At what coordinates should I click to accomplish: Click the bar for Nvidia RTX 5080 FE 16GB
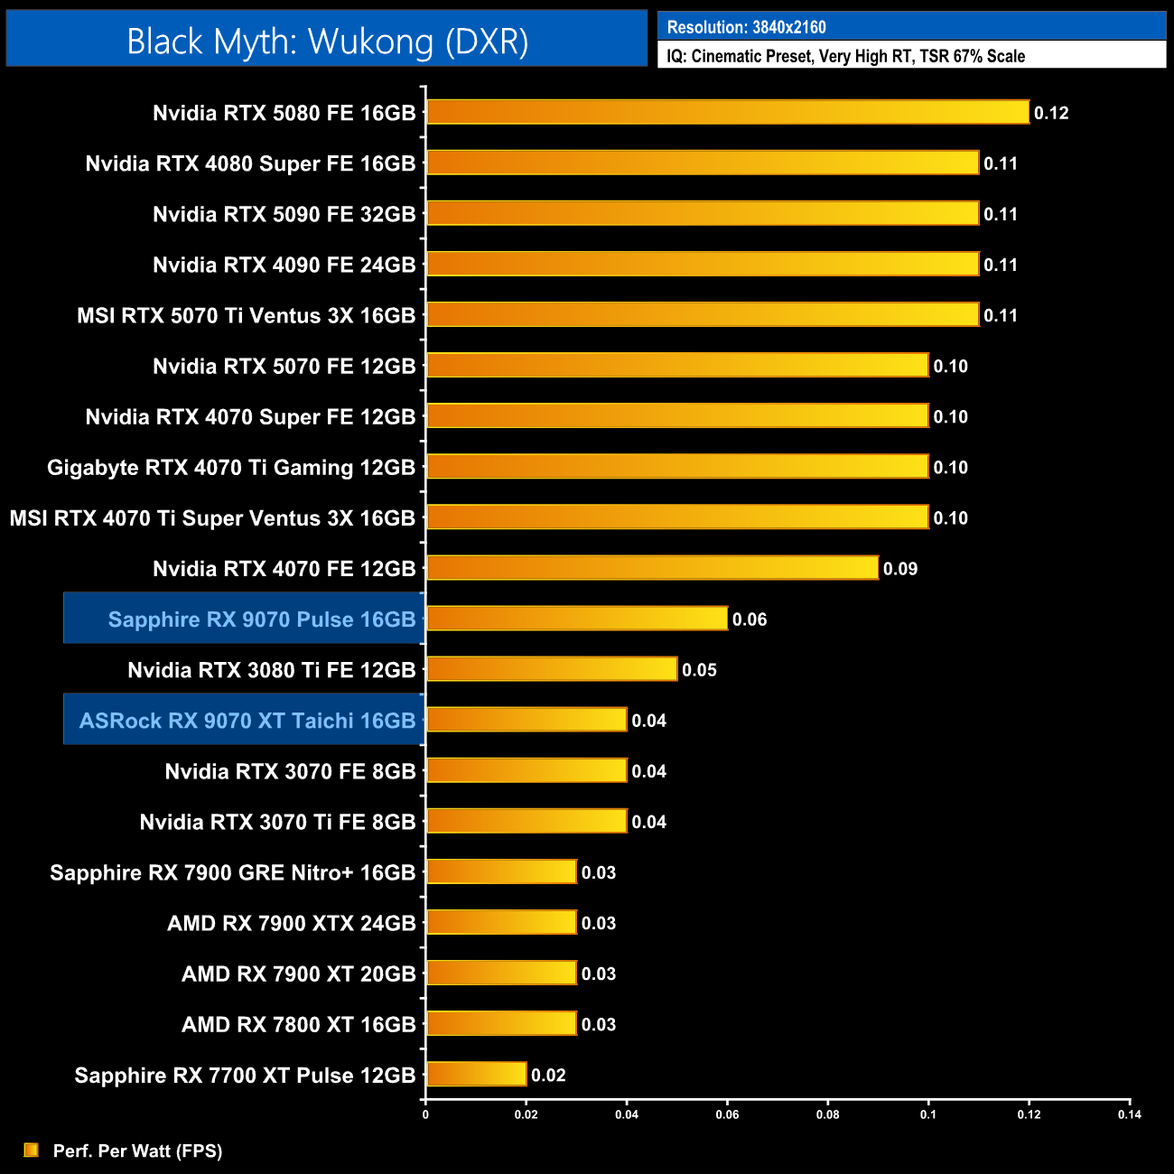pyautogui.click(x=727, y=112)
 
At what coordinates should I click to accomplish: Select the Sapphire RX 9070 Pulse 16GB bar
pyautogui.click(x=576, y=619)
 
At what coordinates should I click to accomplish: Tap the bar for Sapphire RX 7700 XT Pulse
pyautogui.click(x=476, y=1075)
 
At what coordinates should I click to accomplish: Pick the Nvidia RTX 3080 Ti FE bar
pyautogui.click(x=551, y=669)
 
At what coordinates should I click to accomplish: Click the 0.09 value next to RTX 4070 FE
pyautogui.click(x=900, y=569)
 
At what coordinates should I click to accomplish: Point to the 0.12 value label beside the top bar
pyautogui.click(x=1051, y=113)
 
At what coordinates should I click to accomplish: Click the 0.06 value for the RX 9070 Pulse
pyautogui.click(x=750, y=620)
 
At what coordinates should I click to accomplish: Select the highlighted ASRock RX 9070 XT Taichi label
pyautogui.click(x=247, y=721)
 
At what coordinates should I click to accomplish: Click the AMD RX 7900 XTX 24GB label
pyautogui.click(x=291, y=923)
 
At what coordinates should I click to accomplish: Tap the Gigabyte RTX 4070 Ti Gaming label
pyautogui.click(x=230, y=468)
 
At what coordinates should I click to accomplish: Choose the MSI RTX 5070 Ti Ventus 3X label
pyautogui.click(x=246, y=316)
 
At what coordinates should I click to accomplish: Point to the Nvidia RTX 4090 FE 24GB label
pyautogui.click(x=284, y=266)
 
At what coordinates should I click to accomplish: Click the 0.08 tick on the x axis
pyautogui.click(x=827, y=1114)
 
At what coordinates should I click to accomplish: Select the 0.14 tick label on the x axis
pyautogui.click(x=1129, y=1114)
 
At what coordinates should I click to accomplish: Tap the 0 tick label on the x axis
pyautogui.click(x=425, y=1114)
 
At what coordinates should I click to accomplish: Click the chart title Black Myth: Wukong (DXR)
pyautogui.click(x=327, y=41)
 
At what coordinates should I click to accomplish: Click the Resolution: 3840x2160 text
pyautogui.click(x=746, y=27)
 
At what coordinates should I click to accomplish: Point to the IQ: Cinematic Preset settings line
pyautogui.click(x=845, y=56)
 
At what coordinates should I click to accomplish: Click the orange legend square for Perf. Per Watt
pyautogui.click(x=32, y=1150)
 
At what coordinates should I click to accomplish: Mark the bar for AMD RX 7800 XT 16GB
pyautogui.click(x=501, y=1024)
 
